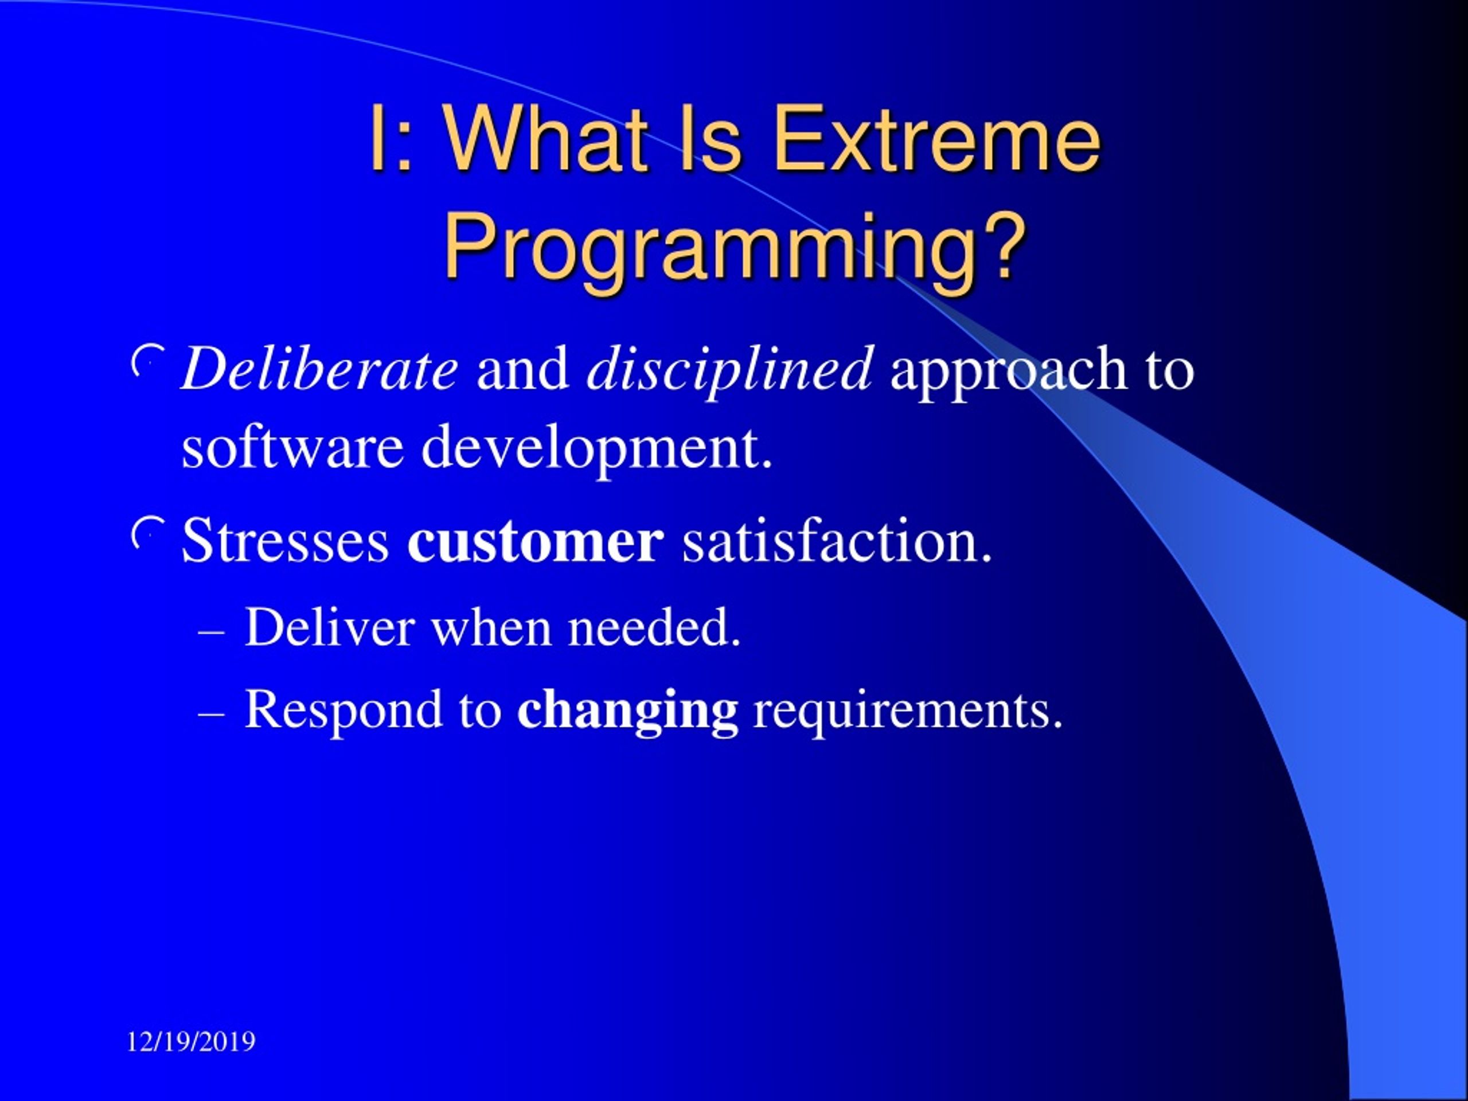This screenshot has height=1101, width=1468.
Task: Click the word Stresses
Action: tap(286, 540)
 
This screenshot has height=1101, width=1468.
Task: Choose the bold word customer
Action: tap(536, 541)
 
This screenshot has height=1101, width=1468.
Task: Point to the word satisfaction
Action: tap(838, 540)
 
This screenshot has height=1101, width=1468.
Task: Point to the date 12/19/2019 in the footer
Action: tap(191, 1041)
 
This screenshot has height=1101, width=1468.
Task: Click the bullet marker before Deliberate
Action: tap(147, 360)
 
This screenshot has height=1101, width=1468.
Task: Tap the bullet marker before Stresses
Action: tap(147, 532)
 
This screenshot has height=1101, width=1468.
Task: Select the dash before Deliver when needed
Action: tap(211, 633)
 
